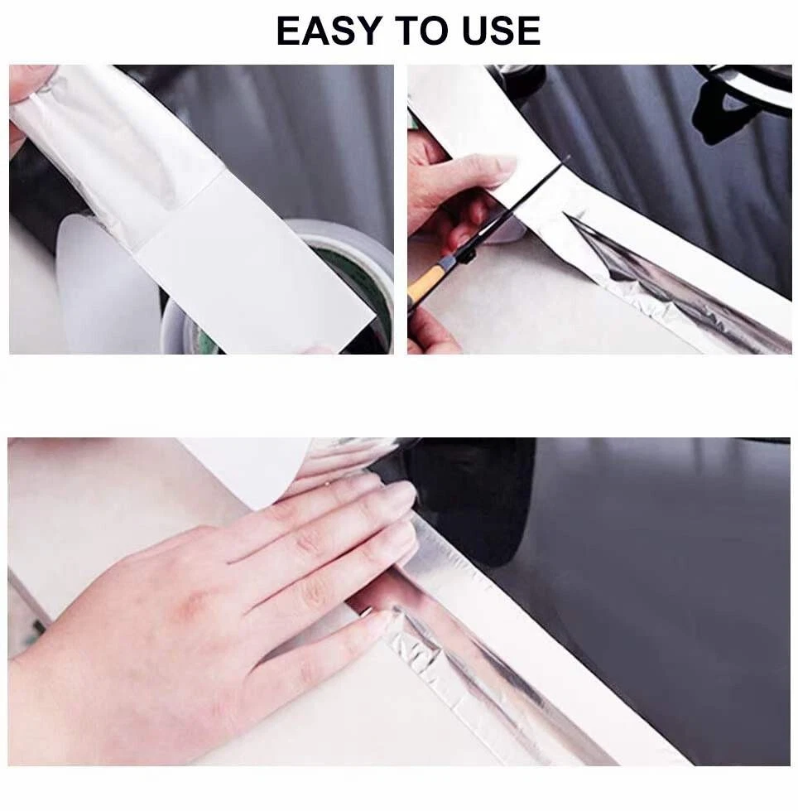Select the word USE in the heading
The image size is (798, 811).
[x=501, y=31]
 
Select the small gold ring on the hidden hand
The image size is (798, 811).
[x=327, y=484]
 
